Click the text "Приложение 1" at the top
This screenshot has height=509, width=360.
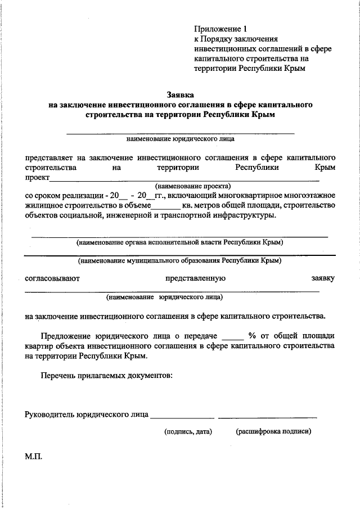220,28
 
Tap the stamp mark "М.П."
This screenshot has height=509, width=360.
33,458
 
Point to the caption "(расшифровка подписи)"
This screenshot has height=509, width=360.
273,431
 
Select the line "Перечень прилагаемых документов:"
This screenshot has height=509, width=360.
106,375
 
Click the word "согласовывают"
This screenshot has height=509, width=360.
52,278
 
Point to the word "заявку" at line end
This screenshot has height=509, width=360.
323,278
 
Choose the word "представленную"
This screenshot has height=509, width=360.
195,278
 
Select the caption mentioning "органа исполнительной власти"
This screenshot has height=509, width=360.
180,242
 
